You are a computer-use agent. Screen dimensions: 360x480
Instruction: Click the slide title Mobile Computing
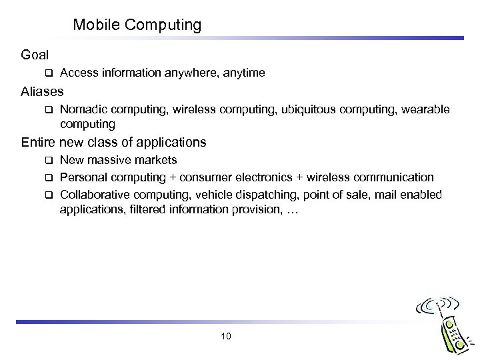[x=137, y=25]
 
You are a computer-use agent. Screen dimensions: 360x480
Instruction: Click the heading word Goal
[x=35, y=55]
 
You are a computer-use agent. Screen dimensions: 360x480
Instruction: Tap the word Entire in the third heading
[x=39, y=142]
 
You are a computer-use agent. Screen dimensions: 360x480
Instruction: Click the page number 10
[x=225, y=336]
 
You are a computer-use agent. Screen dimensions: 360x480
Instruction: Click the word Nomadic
[x=82, y=109]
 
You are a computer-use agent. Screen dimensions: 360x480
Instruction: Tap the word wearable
[x=425, y=109]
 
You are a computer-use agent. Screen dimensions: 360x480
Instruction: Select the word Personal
[x=82, y=177]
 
